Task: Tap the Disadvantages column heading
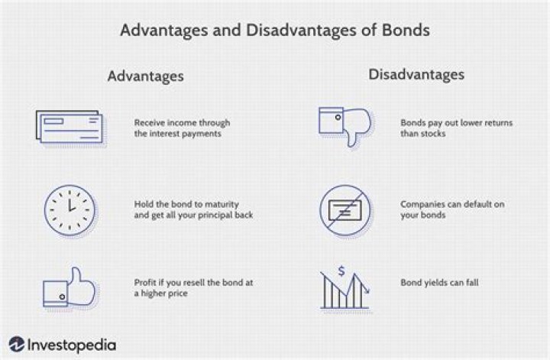(x=416, y=74)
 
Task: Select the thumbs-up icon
(x=70, y=288)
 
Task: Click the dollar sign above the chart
(x=341, y=271)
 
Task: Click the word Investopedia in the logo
(x=72, y=345)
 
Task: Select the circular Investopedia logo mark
(x=16, y=344)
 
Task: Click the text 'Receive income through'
(x=182, y=122)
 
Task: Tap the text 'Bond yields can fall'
(x=439, y=283)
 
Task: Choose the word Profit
(x=145, y=283)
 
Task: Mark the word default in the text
(x=476, y=205)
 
